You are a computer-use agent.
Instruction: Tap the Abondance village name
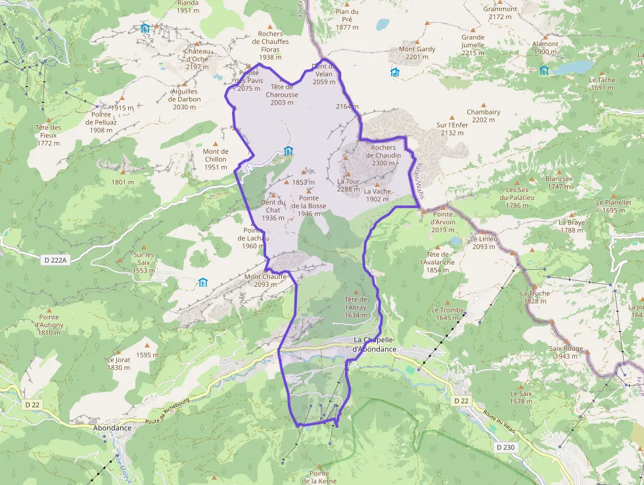click(112, 428)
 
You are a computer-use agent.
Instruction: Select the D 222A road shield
click(55, 260)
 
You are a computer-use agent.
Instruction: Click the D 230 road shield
click(506, 447)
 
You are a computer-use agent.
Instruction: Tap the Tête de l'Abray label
click(356, 307)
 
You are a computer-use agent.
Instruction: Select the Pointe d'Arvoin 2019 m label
click(443, 222)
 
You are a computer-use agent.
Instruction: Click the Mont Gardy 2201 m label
click(417, 53)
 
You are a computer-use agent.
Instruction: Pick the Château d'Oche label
click(197, 59)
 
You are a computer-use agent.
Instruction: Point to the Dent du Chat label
click(273, 210)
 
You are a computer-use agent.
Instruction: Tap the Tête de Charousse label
click(282, 90)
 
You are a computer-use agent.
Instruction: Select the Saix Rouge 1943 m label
click(568, 352)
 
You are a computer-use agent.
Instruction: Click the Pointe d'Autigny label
click(49, 324)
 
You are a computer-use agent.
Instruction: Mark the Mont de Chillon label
click(216, 159)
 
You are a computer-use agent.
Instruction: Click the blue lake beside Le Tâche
click(572, 67)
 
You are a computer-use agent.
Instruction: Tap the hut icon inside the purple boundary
click(288, 151)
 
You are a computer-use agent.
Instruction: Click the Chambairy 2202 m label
click(483, 116)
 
